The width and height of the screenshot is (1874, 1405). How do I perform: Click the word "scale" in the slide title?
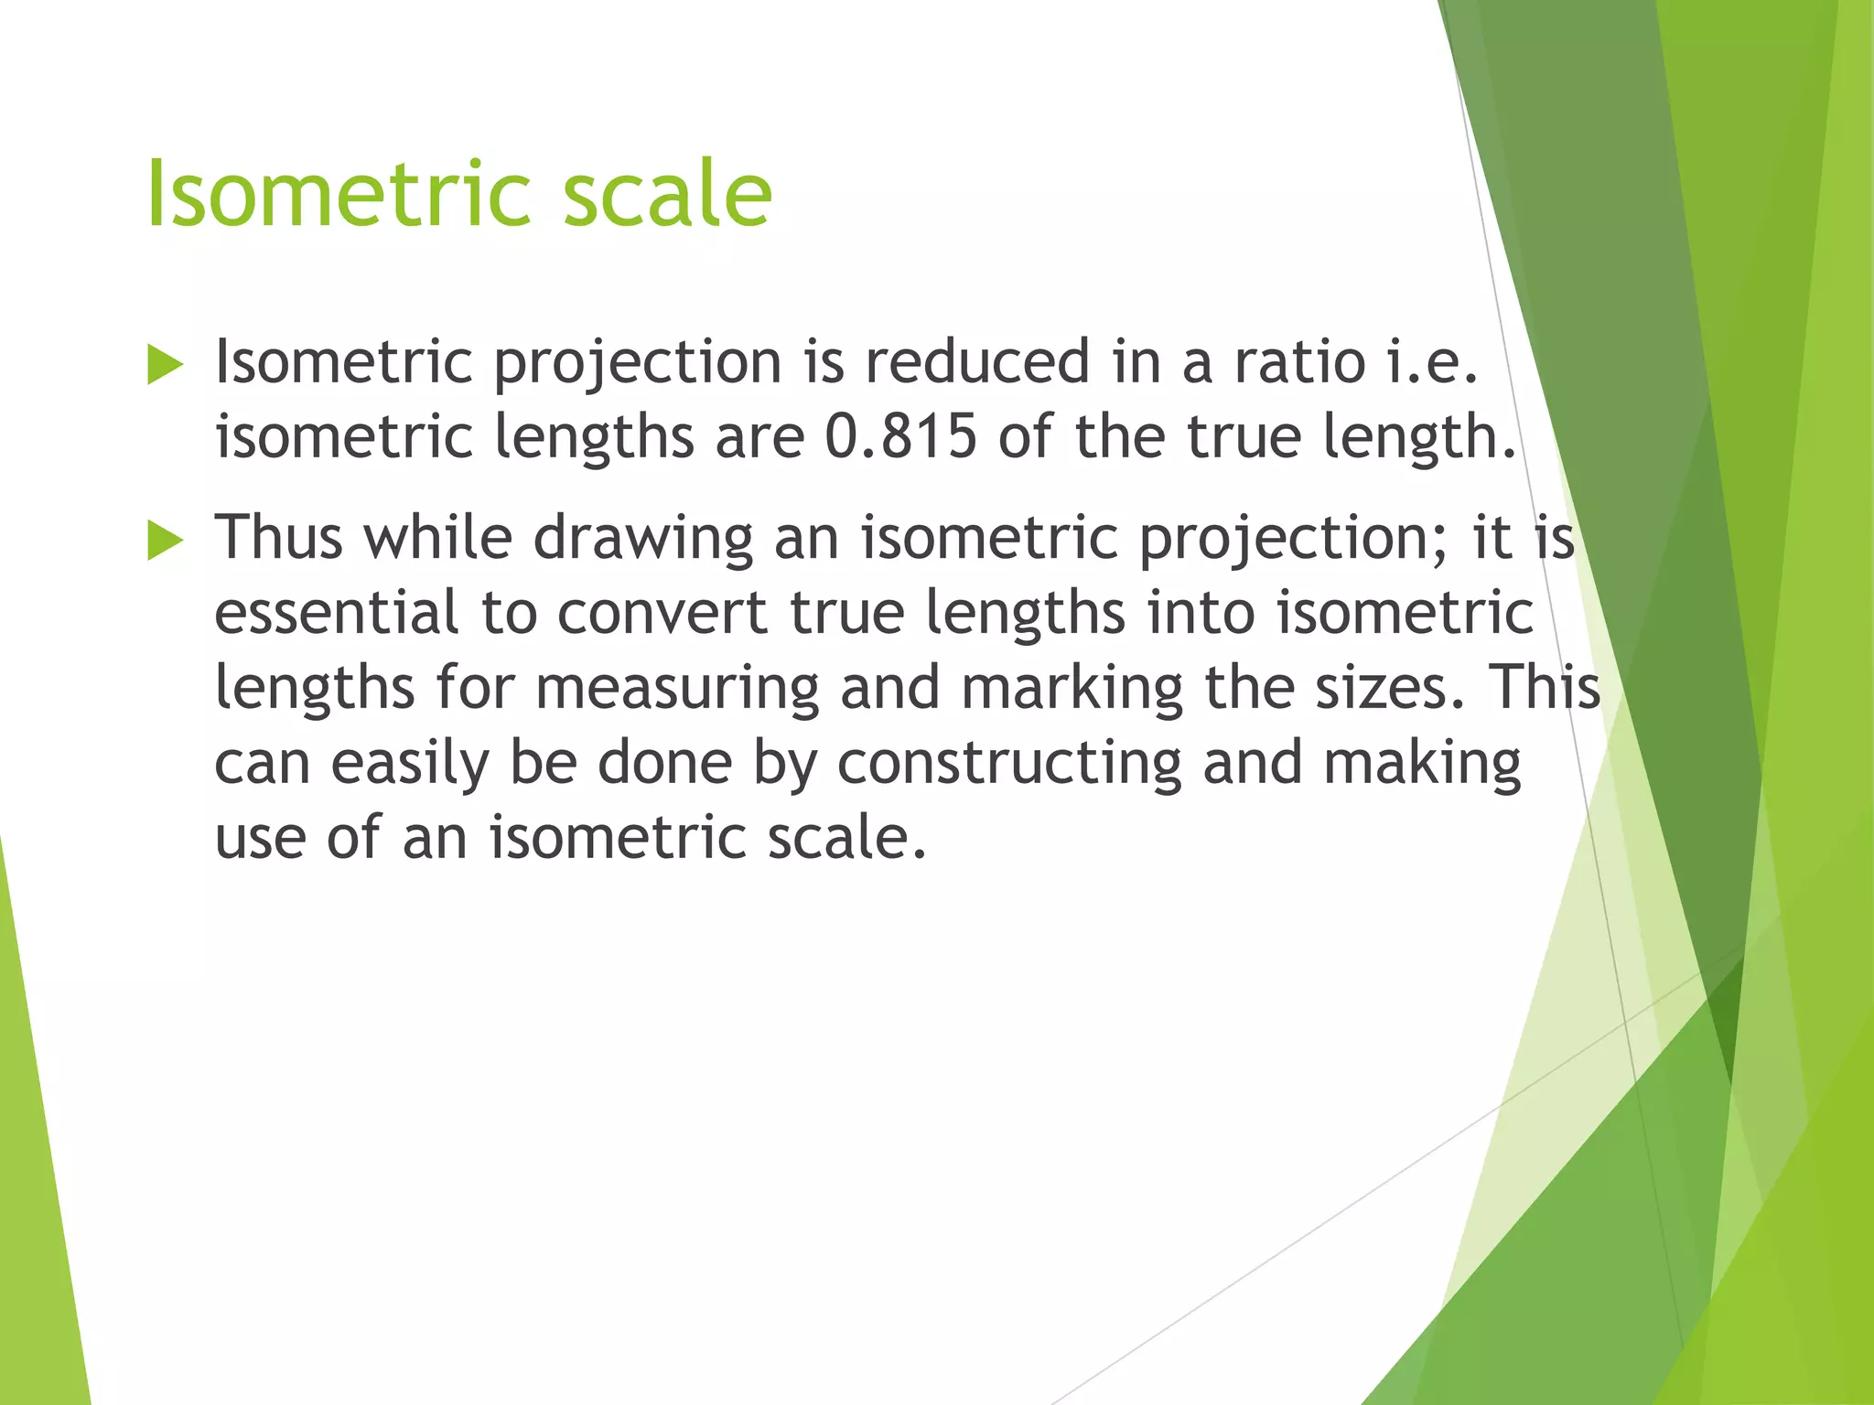point(667,194)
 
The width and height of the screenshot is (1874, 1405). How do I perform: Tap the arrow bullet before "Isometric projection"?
point(165,366)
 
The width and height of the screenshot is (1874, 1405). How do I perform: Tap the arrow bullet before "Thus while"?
point(165,542)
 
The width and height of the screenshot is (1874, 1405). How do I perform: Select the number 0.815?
point(900,436)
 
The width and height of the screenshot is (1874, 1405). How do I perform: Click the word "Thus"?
point(278,537)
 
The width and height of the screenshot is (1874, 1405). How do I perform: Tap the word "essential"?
point(336,612)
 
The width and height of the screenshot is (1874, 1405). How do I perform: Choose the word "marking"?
point(1072,689)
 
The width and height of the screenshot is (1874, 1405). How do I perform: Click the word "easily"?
point(409,764)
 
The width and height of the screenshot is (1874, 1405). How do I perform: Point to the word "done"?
point(664,762)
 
